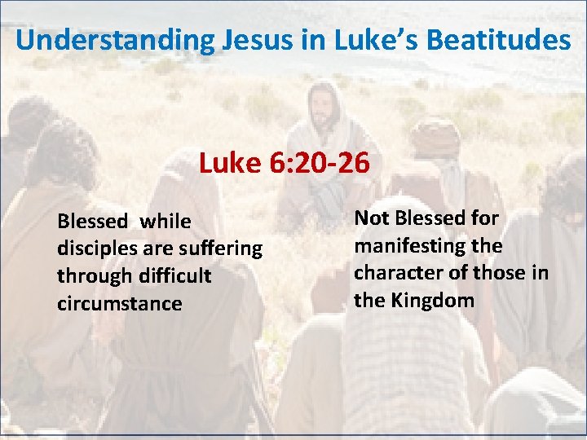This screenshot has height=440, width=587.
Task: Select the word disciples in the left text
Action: click(94, 248)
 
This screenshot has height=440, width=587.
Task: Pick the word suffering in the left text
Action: click(221, 248)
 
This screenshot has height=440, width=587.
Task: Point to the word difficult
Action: click(170, 275)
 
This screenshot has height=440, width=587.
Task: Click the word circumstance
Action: click(119, 303)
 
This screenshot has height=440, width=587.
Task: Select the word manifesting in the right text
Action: click(406, 245)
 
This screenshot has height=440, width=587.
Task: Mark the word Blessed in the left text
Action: click(93, 221)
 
